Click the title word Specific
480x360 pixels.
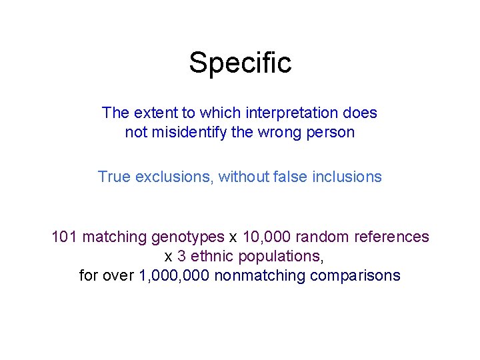pos(240,63)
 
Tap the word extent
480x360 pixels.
pos(151,113)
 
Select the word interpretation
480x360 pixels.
pos(293,113)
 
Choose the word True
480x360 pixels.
pos(114,177)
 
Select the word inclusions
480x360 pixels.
pos(347,177)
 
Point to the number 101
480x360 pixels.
pos(64,237)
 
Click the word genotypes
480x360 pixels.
pos(188,237)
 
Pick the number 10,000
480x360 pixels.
pos(265,237)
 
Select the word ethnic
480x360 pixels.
pos(209,256)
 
